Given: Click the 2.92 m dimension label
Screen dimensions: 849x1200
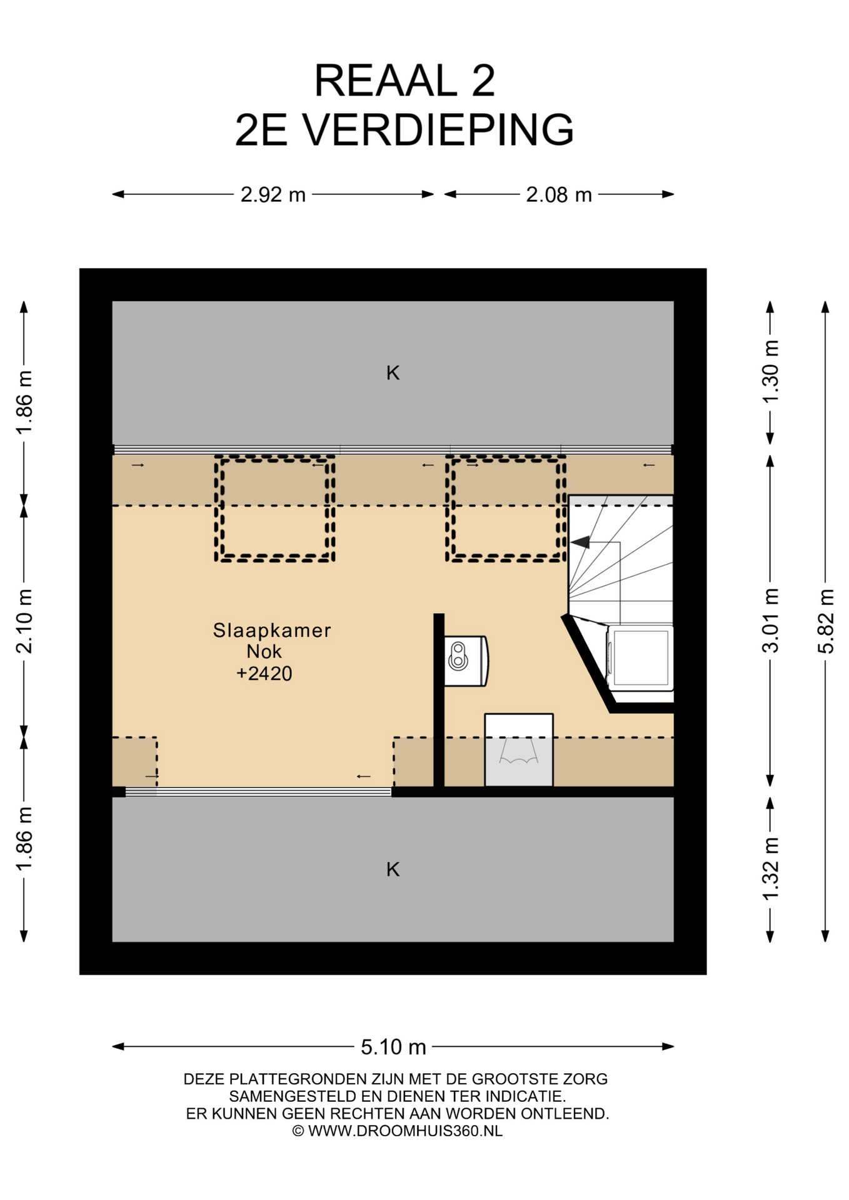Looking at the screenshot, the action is (273, 195).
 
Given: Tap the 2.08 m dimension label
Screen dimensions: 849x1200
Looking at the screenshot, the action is (558, 195).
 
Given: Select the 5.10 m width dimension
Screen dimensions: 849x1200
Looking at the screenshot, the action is (393, 1046).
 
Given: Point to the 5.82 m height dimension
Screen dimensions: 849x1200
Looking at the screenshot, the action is (826, 621).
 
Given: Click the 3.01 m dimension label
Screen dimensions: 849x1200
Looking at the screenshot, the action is (770, 620).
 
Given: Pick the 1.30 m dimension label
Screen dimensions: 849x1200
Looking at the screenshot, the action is (770, 372).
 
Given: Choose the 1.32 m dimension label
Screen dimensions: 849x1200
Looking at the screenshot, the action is (770, 869).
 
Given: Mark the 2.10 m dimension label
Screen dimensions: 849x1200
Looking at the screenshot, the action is (24, 621).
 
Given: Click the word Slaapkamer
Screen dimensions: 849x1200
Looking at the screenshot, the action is (272, 630).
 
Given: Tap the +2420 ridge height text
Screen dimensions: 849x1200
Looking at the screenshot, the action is (264, 673).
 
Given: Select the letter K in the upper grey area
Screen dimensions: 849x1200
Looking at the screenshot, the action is (393, 373).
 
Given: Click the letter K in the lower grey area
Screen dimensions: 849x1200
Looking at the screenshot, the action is (393, 869).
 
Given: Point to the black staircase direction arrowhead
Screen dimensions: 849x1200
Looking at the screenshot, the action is (580, 542).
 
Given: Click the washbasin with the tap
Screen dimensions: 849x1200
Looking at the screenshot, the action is (466, 661).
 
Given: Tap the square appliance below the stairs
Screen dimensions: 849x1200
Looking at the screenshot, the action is (640, 657).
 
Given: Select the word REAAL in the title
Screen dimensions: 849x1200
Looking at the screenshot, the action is (386, 81).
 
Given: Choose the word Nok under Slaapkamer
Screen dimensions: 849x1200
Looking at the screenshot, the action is (264, 651).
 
